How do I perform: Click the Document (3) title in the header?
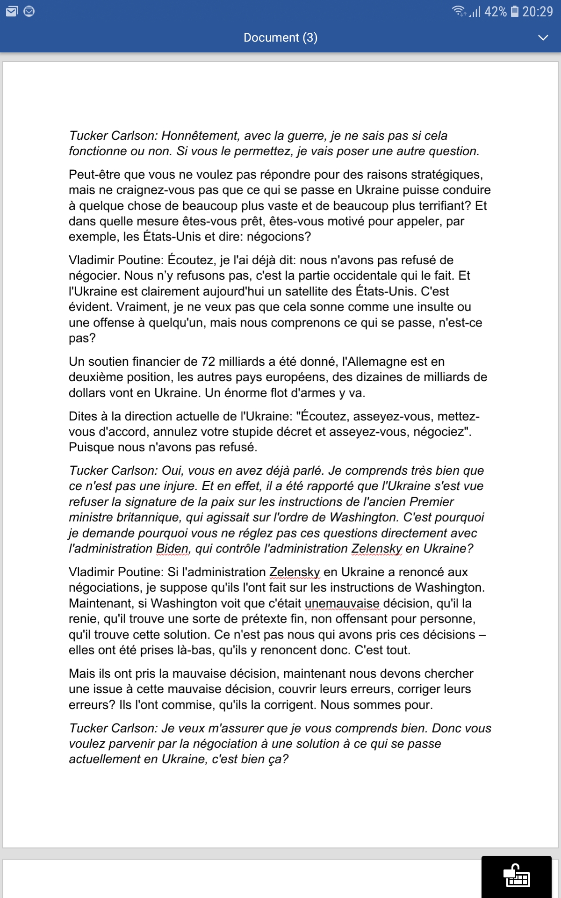click(x=280, y=37)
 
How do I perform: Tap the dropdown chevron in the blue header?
click(x=543, y=37)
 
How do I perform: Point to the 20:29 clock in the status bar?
click(x=538, y=12)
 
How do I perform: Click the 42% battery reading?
click(x=496, y=12)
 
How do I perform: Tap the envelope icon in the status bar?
click(x=12, y=12)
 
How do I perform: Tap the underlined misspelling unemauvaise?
click(x=342, y=603)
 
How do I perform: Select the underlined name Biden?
click(x=173, y=549)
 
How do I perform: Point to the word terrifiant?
click(x=441, y=206)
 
